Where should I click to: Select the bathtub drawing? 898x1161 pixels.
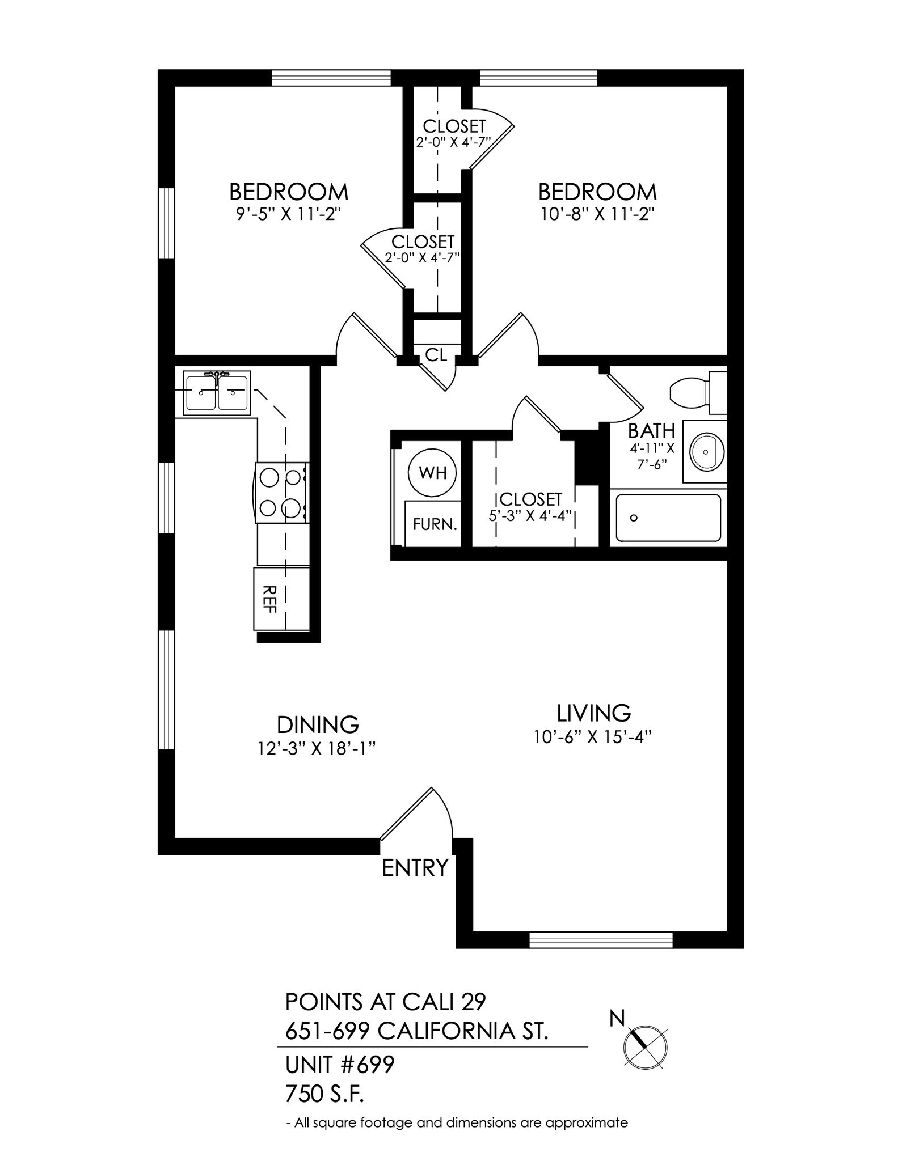[x=668, y=518]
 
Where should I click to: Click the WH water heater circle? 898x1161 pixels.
[x=433, y=472]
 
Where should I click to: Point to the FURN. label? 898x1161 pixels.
[x=435, y=524]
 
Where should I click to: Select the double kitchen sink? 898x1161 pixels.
[x=217, y=392]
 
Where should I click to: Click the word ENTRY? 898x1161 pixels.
[x=415, y=868]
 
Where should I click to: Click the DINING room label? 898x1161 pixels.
[x=318, y=724]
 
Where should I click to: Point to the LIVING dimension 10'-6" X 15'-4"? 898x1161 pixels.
[x=592, y=737]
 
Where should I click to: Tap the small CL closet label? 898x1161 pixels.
[x=436, y=355]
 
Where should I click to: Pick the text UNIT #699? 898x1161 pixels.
[x=339, y=1065]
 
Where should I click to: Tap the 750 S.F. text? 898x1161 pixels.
[x=324, y=1095]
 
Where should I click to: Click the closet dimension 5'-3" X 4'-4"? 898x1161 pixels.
[x=529, y=516]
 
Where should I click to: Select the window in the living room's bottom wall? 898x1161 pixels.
[x=600, y=940]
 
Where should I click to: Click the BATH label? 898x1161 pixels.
[x=651, y=431]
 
